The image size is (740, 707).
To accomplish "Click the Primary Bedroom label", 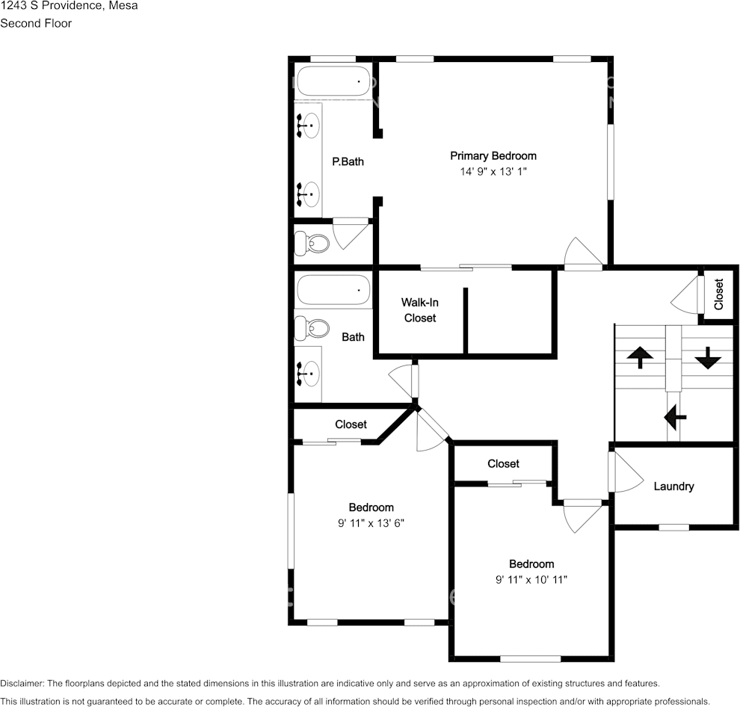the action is click(x=493, y=156).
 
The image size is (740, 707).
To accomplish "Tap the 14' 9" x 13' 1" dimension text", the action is click(x=493, y=171).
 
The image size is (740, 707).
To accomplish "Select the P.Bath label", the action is click(x=348, y=161).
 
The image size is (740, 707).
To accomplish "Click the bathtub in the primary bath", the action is click(x=333, y=81).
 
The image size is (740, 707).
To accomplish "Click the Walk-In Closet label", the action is click(x=420, y=310).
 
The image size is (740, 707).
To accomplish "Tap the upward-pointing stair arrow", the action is click(x=640, y=356).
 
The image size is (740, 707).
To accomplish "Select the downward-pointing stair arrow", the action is click(x=708, y=358).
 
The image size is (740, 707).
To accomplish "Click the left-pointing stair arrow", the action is click(x=675, y=417).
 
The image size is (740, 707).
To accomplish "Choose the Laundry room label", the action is click(x=673, y=487).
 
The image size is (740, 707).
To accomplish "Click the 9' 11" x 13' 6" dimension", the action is click(x=371, y=523).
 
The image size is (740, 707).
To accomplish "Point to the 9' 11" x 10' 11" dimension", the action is click(x=531, y=579).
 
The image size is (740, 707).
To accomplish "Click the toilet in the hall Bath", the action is click(x=312, y=329).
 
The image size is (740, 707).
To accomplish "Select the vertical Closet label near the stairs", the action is click(x=719, y=294).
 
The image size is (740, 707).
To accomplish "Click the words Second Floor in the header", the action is click(x=36, y=23).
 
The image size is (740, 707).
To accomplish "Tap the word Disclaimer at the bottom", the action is click(x=22, y=683).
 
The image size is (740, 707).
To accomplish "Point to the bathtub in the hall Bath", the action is click(x=333, y=291).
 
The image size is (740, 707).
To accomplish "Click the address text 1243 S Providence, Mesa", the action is click(x=69, y=6).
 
